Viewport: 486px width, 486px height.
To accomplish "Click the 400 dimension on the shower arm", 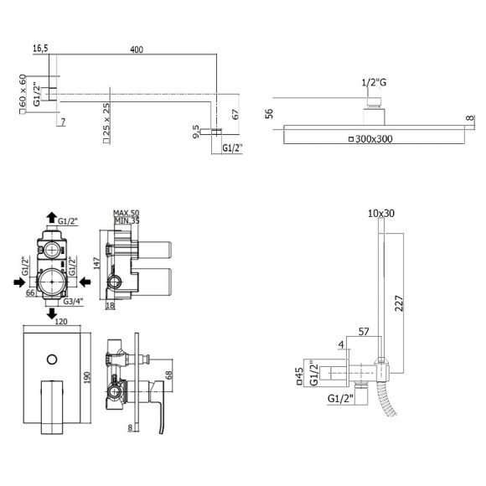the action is point(137,49).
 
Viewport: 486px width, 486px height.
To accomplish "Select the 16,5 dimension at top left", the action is point(40,49).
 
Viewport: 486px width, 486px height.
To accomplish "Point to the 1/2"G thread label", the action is point(374,83).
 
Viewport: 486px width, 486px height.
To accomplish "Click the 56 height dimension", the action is point(269,113).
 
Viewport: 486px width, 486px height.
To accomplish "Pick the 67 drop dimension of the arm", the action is point(235,114).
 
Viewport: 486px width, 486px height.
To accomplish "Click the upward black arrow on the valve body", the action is point(51,218).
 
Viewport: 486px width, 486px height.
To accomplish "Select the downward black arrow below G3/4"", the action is point(51,313).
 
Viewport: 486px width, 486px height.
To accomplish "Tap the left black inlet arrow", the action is point(19,282).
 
